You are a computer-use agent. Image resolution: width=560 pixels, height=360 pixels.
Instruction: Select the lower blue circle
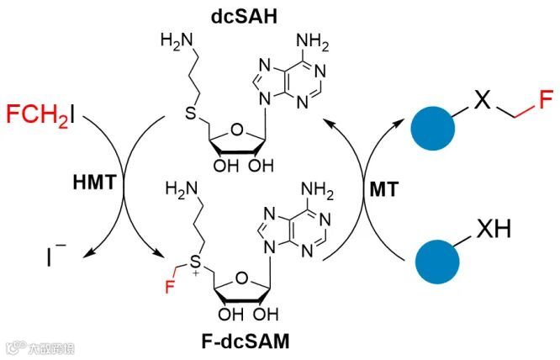coord(438,260)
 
